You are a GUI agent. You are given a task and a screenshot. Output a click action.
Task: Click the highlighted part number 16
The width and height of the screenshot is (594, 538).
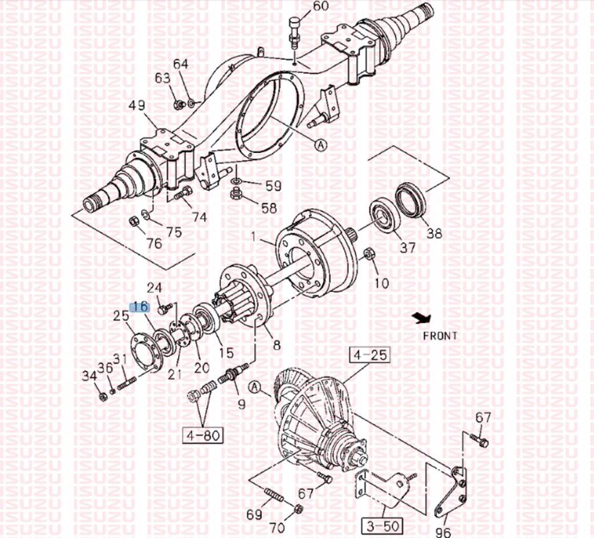(140, 307)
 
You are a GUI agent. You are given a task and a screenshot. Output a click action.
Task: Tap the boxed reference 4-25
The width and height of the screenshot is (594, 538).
(370, 355)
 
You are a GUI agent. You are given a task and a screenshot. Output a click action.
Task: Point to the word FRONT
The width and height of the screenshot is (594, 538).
(440, 336)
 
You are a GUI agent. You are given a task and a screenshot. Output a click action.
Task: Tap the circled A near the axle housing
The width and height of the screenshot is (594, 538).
(321, 144)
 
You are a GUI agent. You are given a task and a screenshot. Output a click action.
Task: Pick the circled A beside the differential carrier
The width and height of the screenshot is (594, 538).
(255, 387)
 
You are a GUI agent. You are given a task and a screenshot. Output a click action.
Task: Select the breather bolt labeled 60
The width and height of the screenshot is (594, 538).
(294, 31)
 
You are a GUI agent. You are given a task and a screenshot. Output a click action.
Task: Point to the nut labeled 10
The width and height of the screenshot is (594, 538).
(368, 253)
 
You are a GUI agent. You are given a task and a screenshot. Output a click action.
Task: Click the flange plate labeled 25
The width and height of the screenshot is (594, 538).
(146, 352)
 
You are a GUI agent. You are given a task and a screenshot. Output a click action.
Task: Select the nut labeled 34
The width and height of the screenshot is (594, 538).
(102, 397)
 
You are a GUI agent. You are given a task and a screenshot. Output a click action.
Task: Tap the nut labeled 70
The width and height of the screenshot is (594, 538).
(298, 508)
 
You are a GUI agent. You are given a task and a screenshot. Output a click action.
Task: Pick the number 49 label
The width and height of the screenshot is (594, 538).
(137, 105)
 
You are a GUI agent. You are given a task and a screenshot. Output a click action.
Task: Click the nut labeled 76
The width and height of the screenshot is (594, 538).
(134, 221)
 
